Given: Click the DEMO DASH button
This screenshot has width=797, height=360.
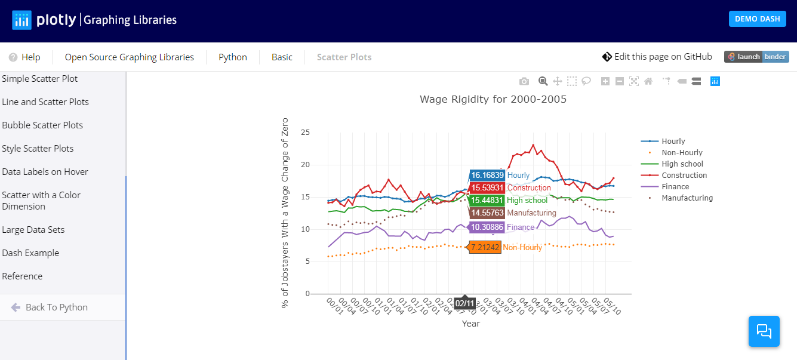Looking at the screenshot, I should click(757, 19).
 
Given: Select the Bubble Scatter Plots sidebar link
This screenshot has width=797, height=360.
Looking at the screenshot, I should click(42, 125).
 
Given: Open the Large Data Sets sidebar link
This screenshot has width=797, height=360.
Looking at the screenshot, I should click(33, 230).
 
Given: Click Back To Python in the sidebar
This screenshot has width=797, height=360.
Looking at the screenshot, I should click(56, 307).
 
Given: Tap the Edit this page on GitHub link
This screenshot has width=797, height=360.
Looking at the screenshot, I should click(657, 57).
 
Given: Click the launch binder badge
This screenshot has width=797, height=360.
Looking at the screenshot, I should click(756, 57).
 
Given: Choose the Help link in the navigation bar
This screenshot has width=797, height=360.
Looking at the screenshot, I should click(25, 57).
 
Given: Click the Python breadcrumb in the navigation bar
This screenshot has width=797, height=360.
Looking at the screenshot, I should click(233, 57).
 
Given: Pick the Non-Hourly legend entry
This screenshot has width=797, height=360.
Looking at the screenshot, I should click(682, 153).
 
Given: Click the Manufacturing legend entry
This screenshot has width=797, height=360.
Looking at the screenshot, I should click(687, 198).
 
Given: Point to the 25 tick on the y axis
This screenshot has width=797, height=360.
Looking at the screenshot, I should click(305, 133).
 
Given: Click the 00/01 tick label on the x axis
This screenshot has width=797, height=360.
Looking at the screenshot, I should click(333, 305).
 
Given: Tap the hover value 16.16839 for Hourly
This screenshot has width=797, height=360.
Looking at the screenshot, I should click(487, 176).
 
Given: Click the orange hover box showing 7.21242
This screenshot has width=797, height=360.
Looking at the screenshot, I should click(484, 247).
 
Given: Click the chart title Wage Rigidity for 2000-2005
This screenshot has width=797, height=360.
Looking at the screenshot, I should click(493, 99).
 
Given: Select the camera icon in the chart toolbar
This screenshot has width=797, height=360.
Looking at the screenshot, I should click(524, 81).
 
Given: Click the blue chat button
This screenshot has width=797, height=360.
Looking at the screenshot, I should click(764, 331).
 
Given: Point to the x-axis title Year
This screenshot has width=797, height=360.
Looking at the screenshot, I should click(470, 324).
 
